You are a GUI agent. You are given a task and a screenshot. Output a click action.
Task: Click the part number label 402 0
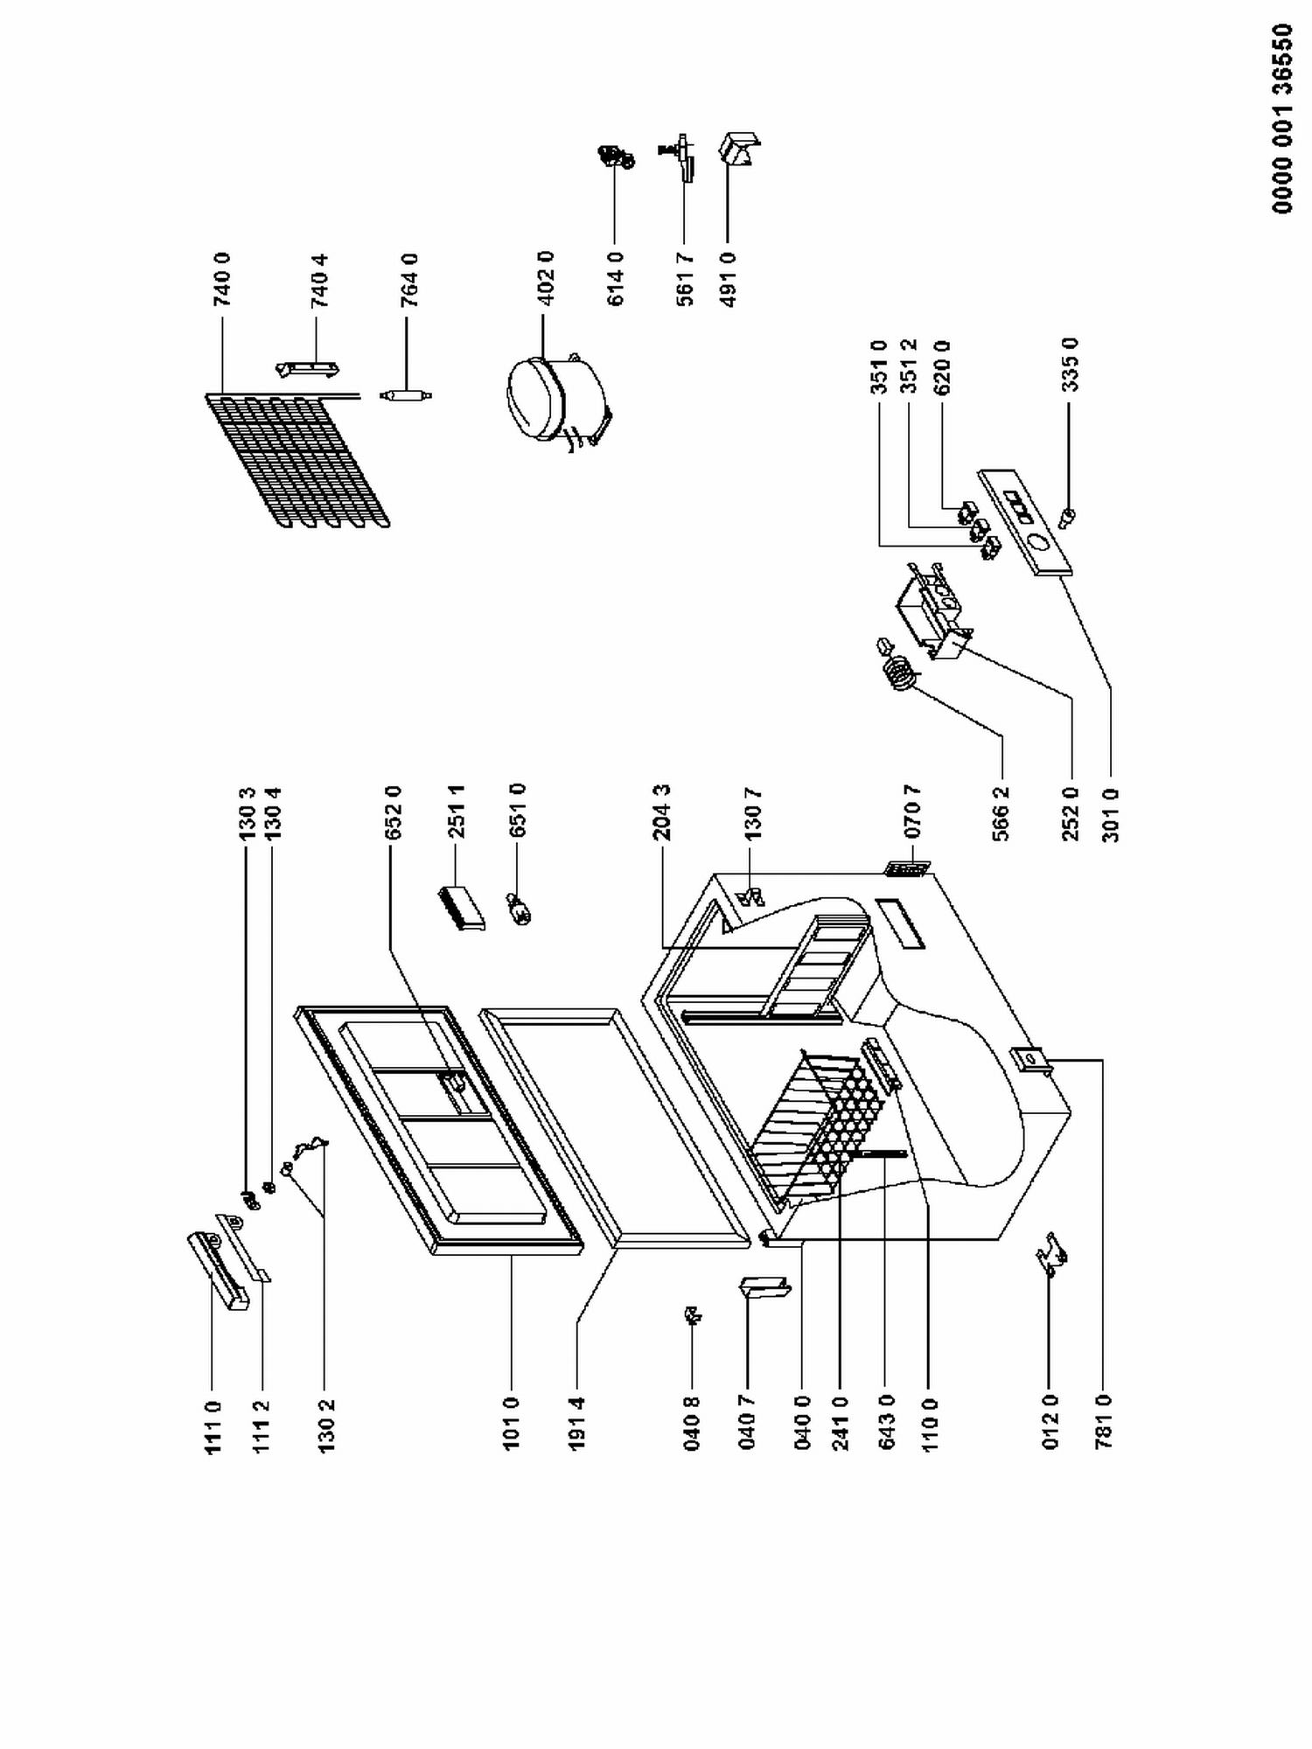pos(546,278)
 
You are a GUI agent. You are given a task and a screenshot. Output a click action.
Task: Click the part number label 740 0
pos(221,278)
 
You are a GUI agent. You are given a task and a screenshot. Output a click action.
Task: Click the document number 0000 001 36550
pos(1282,119)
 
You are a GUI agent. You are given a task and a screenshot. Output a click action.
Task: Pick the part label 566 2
pos(1001,813)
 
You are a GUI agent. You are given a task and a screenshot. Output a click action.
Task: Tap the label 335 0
pos(1070,365)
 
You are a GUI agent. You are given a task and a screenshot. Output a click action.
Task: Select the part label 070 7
pos(912,813)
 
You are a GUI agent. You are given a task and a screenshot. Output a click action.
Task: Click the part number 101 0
pos(512,1423)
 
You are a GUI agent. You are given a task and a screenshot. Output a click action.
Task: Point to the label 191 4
pos(576,1424)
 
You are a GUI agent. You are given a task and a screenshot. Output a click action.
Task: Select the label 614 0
pos(616,278)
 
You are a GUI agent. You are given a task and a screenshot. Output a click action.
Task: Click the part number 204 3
pos(661,813)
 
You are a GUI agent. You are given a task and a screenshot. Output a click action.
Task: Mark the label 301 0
pos(1110,813)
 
